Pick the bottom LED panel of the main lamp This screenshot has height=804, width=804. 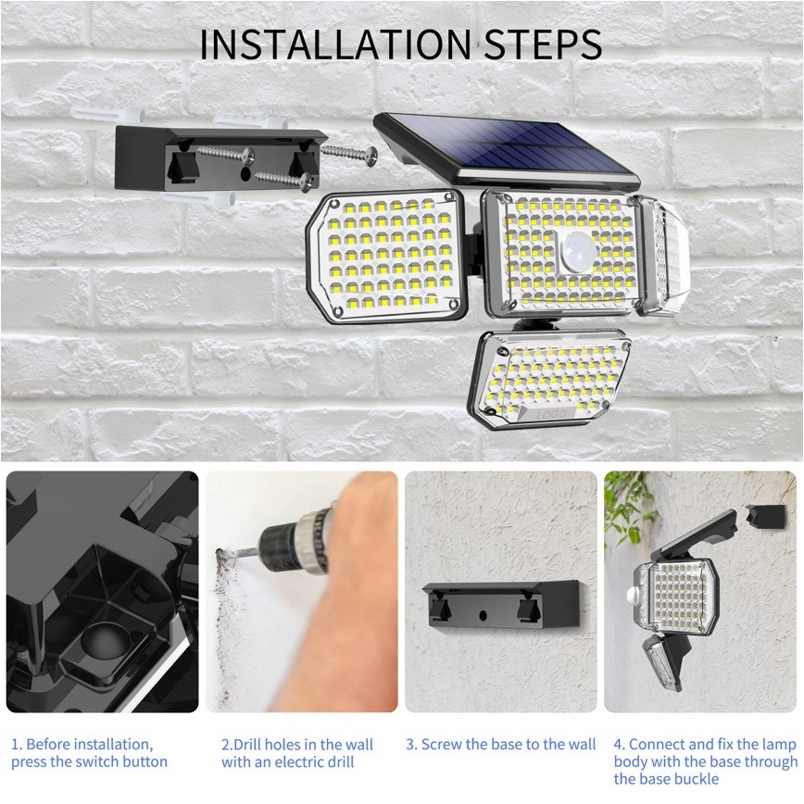(x=552, y=378)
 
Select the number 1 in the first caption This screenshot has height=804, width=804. (x=15, y=744)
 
